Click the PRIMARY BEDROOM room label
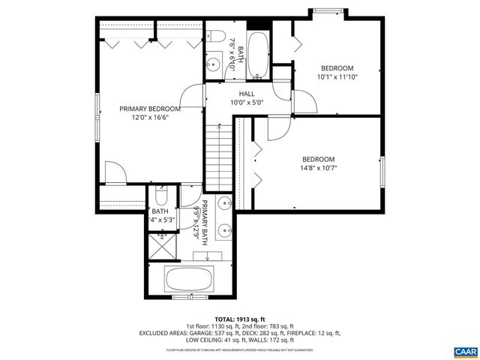click(149, 108)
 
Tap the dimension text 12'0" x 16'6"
click(149, 117)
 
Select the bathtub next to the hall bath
click(258, 55)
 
